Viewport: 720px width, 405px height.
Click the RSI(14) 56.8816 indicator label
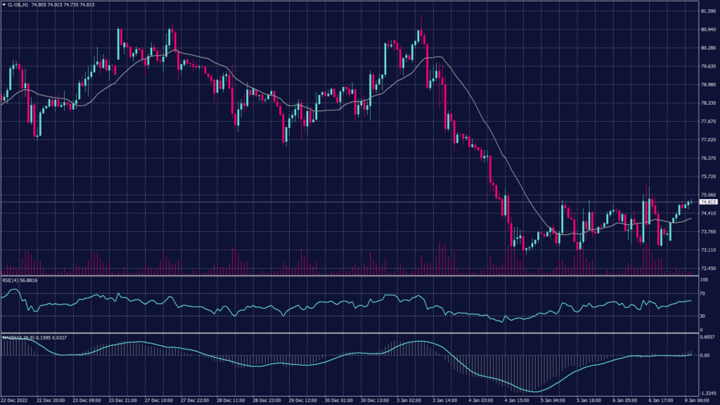20,280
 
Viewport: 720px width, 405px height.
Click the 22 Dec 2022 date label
15,401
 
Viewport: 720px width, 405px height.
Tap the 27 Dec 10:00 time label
160,401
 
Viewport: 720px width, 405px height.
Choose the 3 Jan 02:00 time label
413,401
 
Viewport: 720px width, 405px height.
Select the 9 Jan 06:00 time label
702,401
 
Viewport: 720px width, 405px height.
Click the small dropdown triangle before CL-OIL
4,5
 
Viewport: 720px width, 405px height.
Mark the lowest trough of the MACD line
536,392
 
